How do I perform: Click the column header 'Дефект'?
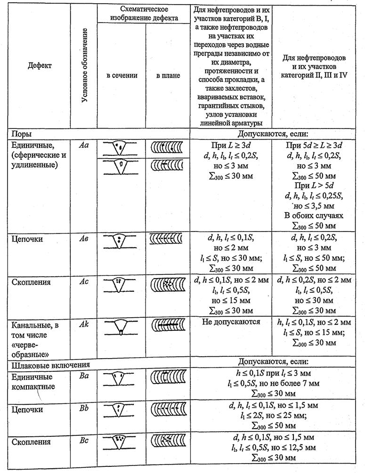pos(40,65)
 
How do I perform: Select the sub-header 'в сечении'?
pos(121,75)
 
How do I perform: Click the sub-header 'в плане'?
pos(168,75)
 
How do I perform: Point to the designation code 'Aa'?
pos(84,146)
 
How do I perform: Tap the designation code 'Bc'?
pos(84,441)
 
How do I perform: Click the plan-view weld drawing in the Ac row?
pos(168,285)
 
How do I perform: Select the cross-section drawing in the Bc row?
pos(121,442)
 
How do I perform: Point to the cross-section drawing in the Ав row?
pos(121,241)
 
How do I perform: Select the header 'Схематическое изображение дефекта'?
pos(144,14)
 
